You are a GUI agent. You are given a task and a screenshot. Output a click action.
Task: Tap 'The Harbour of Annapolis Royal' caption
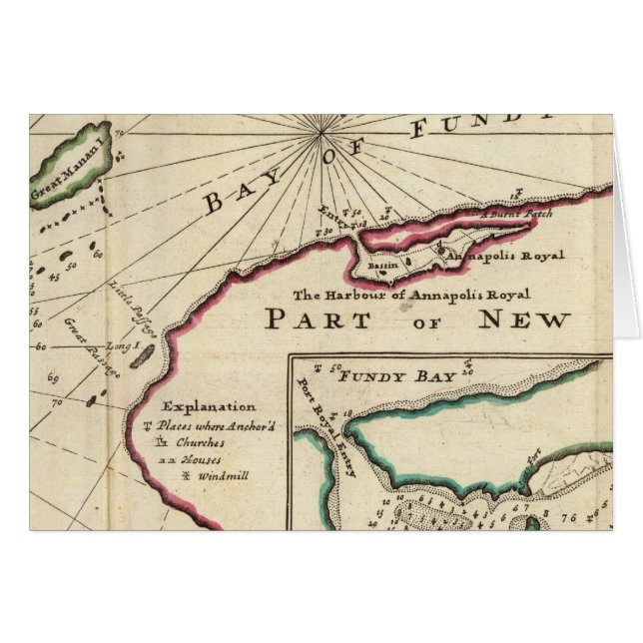(x=410, y=295)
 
